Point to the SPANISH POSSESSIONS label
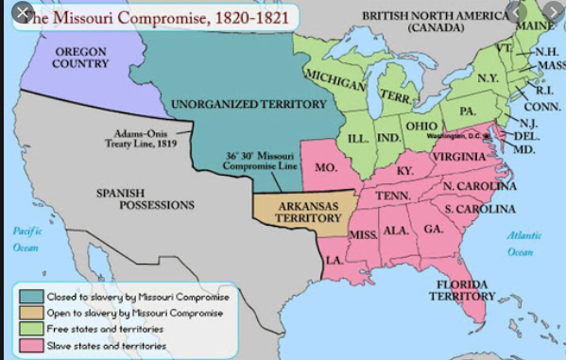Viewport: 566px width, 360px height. [146, 197]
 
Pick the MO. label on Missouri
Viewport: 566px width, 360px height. [326, 166]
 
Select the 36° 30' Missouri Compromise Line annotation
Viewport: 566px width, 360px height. [260, 161]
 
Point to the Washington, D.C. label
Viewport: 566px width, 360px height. [455, 136]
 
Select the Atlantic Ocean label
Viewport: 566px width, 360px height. [519, 244]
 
